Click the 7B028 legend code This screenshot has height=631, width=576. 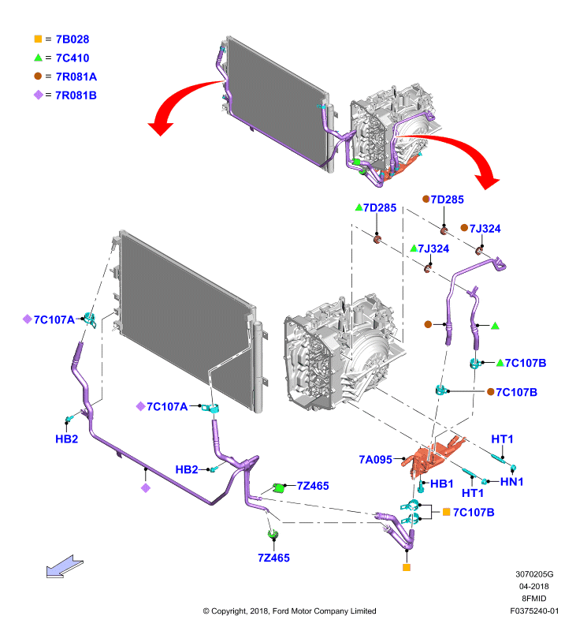coord(72,39)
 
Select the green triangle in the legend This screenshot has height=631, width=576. coord(38,58)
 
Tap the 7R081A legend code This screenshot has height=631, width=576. coord(76,77)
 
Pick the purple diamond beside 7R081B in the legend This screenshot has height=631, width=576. coord(38,95)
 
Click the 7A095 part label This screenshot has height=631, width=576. coord(375,460)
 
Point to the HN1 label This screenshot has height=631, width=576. coord(511,481)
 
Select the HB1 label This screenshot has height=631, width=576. coord(442,484)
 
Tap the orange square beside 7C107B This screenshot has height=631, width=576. coord(446,512)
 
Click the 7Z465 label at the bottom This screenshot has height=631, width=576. coord(273,558)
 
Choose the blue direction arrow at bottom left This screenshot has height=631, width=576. coord(65,566)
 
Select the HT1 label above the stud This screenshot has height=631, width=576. coord(502,439)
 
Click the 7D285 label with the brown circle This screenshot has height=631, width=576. coord(448,200)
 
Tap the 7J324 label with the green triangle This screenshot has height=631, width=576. coord(433,248)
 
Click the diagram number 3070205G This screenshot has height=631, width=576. coord(534,574)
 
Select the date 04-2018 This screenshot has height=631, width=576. coord(533,586)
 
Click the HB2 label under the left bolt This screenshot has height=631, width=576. coord(67,439)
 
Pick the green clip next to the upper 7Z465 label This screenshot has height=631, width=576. coord(279,487)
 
